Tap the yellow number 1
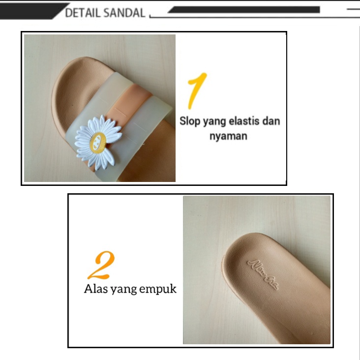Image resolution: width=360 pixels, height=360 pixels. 196,90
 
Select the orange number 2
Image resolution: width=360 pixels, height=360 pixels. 101,265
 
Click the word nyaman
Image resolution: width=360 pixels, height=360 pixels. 228,135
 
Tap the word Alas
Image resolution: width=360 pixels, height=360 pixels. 95,289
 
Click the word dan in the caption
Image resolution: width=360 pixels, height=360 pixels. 270,120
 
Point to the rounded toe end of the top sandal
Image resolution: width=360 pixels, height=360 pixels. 61,93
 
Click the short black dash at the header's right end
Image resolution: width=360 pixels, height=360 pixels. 353,9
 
